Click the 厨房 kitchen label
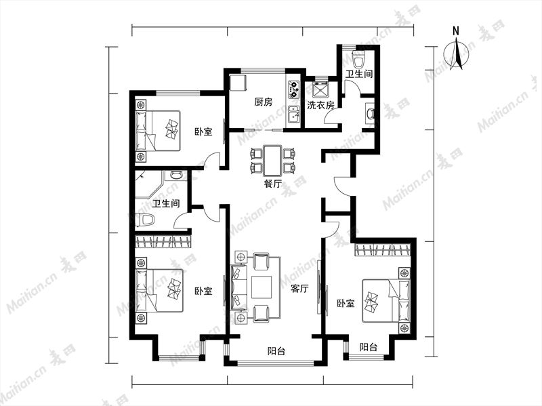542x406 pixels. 264,102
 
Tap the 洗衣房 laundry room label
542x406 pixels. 320,106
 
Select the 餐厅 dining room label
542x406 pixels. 273,184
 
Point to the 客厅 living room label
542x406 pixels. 299,289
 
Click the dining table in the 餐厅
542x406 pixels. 273,161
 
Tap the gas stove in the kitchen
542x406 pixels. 293,89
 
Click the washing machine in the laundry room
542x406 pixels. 320,89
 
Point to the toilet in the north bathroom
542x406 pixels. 360,60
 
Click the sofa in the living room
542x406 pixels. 239,287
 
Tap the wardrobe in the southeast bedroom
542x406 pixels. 383,249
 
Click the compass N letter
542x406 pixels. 456,31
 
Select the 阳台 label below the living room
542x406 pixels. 276,351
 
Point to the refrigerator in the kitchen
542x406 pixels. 238,83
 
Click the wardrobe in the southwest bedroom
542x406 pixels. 163,241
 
